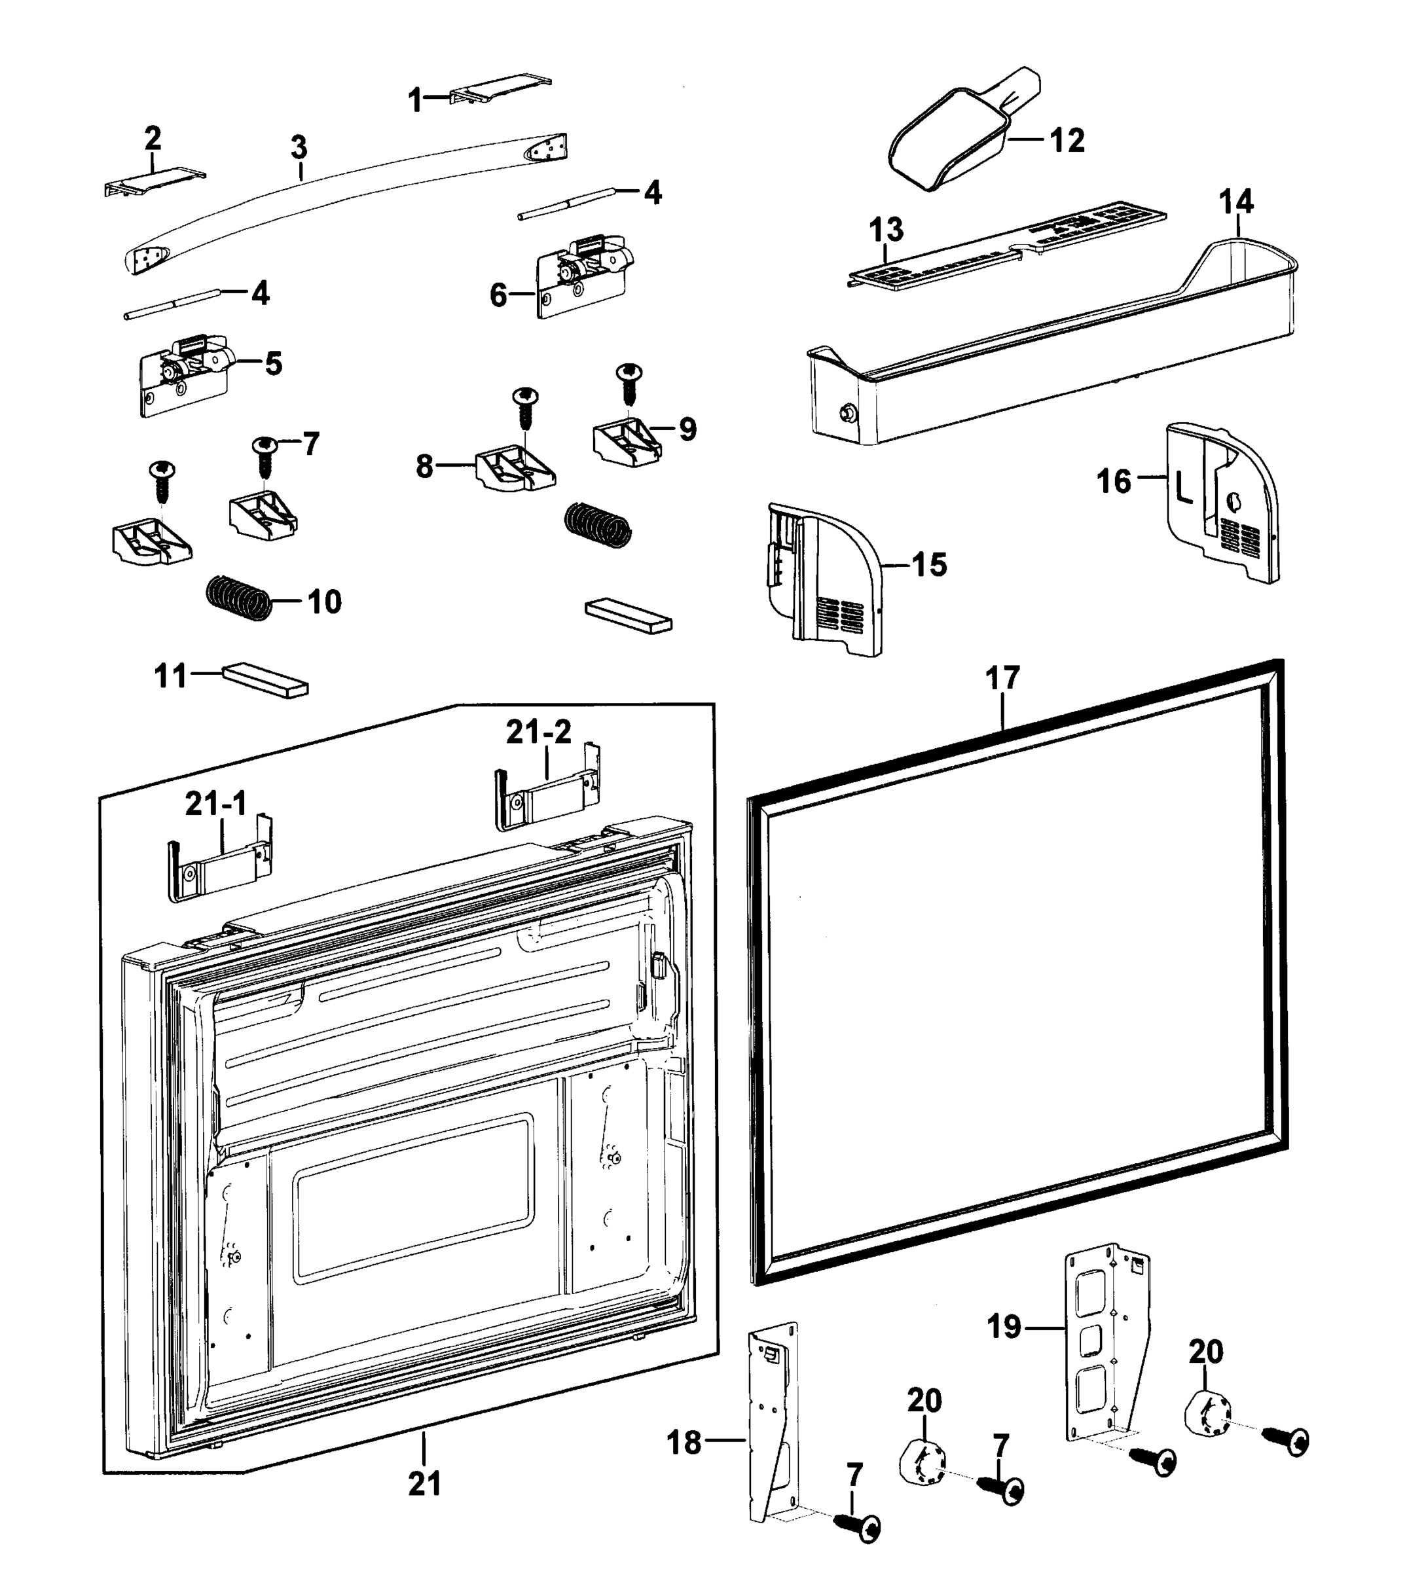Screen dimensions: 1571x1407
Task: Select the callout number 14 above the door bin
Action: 1235,202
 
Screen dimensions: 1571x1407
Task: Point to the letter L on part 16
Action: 1183,488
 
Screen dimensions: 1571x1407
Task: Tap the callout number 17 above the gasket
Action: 1002,678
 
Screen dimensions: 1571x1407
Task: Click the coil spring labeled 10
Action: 239,598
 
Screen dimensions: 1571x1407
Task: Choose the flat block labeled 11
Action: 265,681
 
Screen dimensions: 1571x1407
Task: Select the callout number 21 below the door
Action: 424,1483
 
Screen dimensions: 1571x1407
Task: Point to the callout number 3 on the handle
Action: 299,147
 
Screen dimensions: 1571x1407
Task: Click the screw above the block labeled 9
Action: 629,382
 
